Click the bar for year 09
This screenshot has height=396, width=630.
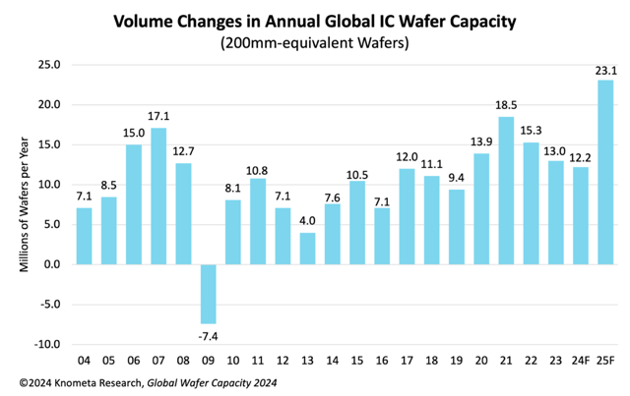click(209, 293)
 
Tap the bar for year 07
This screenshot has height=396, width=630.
click(158, 196)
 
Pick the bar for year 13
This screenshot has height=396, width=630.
click(308, 248)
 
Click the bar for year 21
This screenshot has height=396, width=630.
click(506, 191)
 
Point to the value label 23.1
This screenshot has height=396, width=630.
click(605, 70)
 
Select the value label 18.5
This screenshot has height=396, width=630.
click(506, 106)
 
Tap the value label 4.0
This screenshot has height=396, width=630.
click(308, 222)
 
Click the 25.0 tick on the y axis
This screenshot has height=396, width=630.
click(49, 65)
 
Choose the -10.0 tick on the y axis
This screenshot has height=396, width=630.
click(47, 344)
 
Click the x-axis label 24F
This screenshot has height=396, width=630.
click(581, 360)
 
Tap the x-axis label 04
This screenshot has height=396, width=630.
click(84, 360)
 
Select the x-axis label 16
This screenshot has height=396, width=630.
click(382, 360)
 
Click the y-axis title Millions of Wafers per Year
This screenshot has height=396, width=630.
click(25, 203)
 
